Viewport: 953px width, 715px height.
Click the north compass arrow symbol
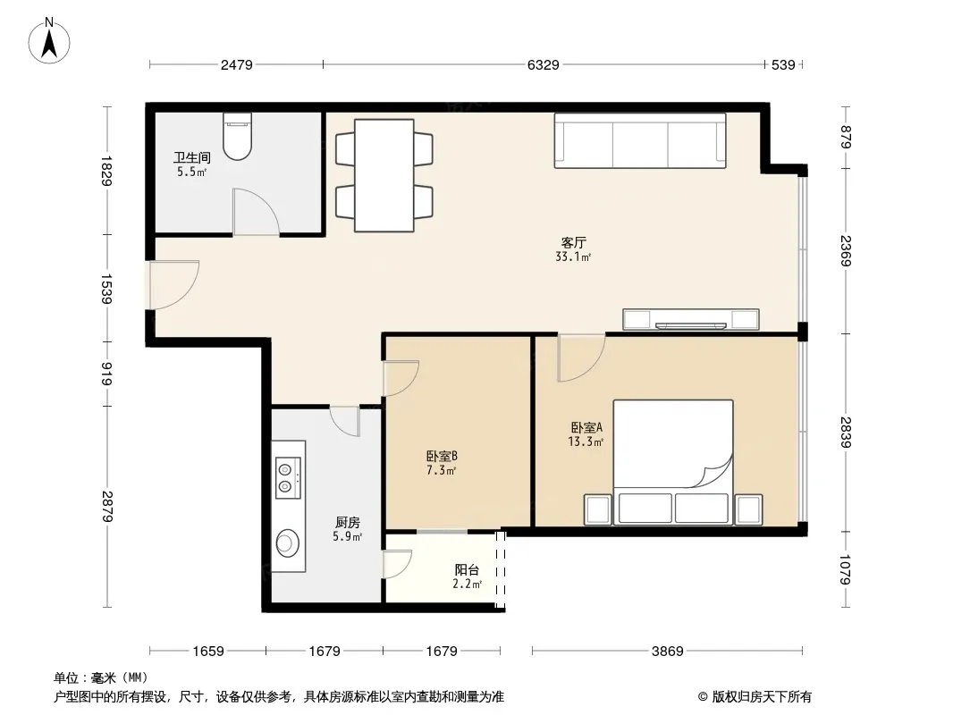(x=49, y=41)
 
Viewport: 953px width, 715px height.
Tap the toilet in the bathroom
(x=237, y=136)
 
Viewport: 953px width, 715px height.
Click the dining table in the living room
(x=384, y=175)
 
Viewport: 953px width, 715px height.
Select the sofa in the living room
(x=640, y=140)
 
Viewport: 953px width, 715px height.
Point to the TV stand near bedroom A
(x=691, y=320)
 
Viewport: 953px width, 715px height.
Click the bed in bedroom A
(x=673, y=462)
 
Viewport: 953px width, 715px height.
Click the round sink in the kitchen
(x=288, y=543)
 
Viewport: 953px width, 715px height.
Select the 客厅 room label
(x=573, y=242)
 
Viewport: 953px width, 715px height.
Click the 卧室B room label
(x=442, y=456)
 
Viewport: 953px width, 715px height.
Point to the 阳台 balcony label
(x=467, y=570)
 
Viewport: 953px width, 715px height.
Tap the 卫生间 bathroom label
(x=192, y=158)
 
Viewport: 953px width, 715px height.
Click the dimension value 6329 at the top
(x=543, y=65)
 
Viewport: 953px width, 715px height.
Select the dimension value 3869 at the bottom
(x=667, y=652)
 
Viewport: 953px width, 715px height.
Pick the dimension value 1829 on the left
(x=106, y=172)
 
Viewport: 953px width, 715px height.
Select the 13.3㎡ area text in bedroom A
(x=586, y=442)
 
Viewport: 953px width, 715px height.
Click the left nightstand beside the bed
(x=597, y=509)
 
